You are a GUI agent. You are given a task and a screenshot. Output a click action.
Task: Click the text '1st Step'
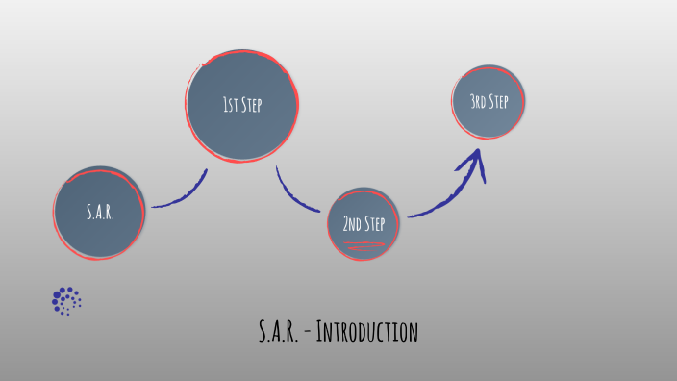click(242, 105)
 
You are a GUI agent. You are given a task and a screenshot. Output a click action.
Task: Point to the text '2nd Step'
click(364, 224)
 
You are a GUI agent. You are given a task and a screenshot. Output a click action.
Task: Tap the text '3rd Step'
click(489, 101)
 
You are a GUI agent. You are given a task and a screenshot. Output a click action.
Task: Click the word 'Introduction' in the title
click(366, 332)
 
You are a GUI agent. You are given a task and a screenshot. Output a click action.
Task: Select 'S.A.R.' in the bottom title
click(279, 332)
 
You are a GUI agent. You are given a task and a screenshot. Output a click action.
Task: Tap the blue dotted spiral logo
click(66, 301)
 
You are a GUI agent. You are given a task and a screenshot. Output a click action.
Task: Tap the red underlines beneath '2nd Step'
click(364, 245)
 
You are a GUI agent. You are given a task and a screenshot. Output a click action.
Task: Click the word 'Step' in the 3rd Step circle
click(497, 101)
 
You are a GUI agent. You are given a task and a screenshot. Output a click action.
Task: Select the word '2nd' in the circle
click(352, 224)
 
